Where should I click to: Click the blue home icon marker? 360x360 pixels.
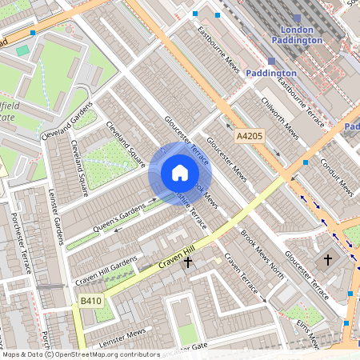click(x=179, y=173)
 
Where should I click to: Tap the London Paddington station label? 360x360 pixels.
click(x=298, y=35)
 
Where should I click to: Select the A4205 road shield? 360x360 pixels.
click(x=250, y=138)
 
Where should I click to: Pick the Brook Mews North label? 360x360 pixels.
click(x=262, y=254)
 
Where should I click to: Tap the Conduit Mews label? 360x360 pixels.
click(x=335, y=176)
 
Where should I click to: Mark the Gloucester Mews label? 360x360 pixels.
click(x=226, y=157)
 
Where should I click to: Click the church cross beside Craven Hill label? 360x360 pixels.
click(x=189, y=262)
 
